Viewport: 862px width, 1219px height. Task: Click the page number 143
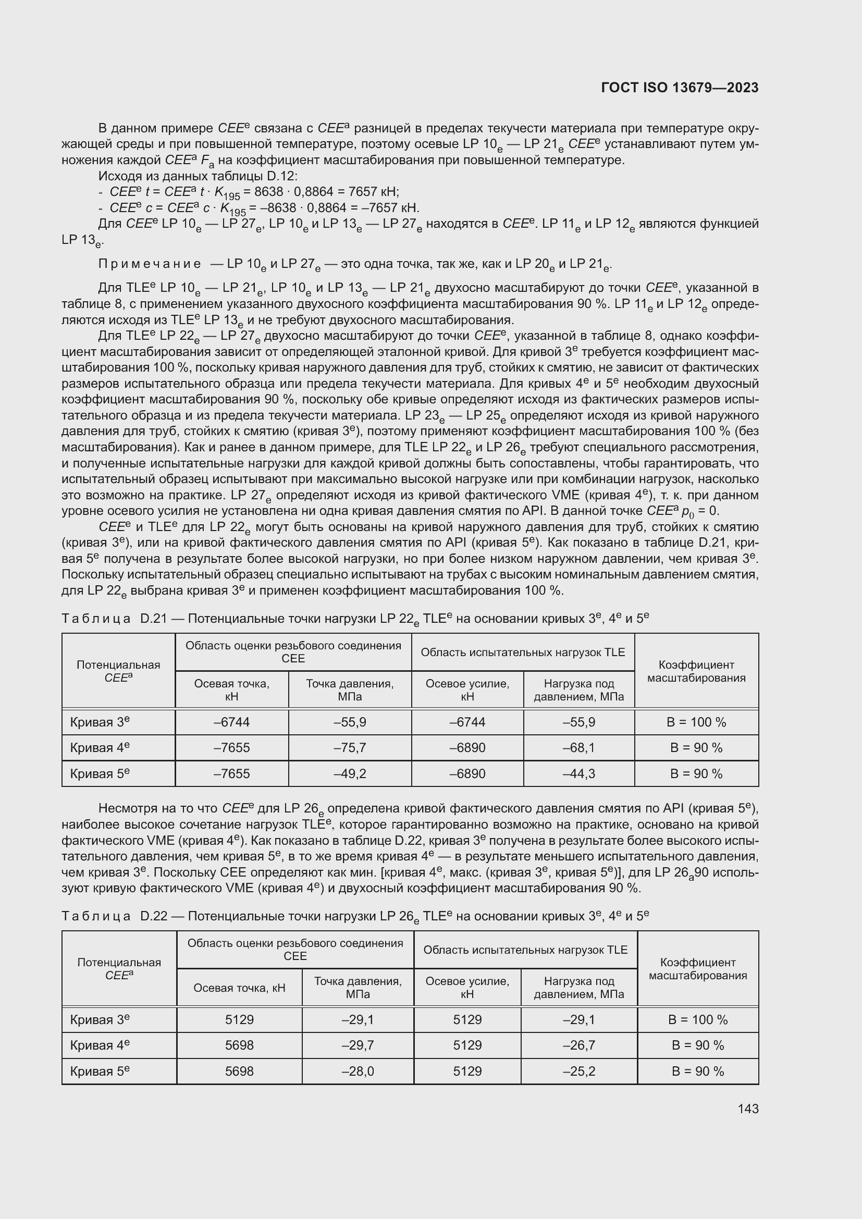point(747,1109)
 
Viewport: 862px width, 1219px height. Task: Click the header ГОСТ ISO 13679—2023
point(680,88)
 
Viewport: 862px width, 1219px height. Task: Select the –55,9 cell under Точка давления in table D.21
point(350,722)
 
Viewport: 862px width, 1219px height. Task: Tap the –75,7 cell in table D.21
point(350,747)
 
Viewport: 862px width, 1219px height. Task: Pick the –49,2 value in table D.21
point(350,773)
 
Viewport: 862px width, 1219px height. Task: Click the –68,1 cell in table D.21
point(578,747)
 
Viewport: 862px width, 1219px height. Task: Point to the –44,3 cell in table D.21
point(578,773)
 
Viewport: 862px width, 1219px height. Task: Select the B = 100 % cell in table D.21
point(696,722)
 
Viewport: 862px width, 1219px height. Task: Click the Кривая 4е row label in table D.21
point(100,747)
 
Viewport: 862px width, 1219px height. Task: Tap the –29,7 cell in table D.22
point(358,1045)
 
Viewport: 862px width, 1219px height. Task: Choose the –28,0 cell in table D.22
point(358,1071)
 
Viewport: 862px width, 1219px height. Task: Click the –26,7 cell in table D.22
point(578,1045)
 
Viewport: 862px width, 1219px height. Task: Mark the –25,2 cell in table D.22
point(578,1071)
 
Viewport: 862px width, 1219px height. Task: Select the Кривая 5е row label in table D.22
point(100,1071)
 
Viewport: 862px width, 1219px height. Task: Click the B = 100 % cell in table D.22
point(697,1019)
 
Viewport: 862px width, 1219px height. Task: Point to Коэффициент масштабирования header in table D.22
point(697,968)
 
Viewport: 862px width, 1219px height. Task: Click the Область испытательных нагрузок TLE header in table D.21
point(522,652)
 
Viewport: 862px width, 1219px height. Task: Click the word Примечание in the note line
point(150,264)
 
